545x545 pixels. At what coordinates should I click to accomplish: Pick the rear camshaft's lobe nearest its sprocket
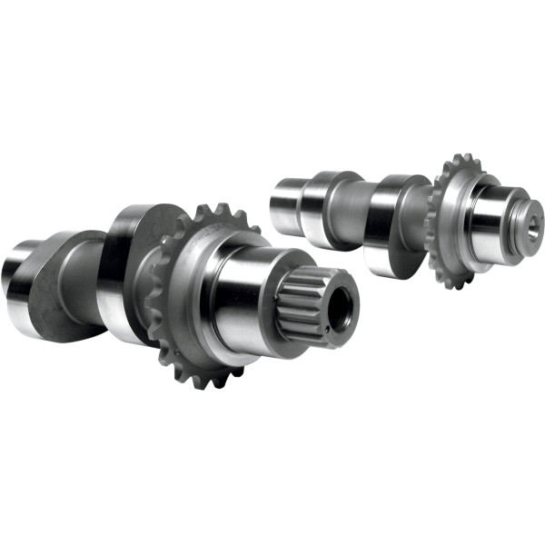tap(391, 223)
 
